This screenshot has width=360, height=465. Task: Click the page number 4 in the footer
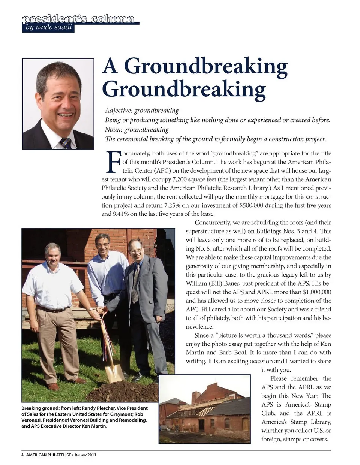(22, 455)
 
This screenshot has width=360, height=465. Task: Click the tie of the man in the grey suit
(135, 283)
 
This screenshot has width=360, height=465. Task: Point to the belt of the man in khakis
(52, 310)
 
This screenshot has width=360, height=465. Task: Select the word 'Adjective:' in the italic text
(118, 111)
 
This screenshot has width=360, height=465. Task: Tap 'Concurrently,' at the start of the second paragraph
(212, 223)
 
